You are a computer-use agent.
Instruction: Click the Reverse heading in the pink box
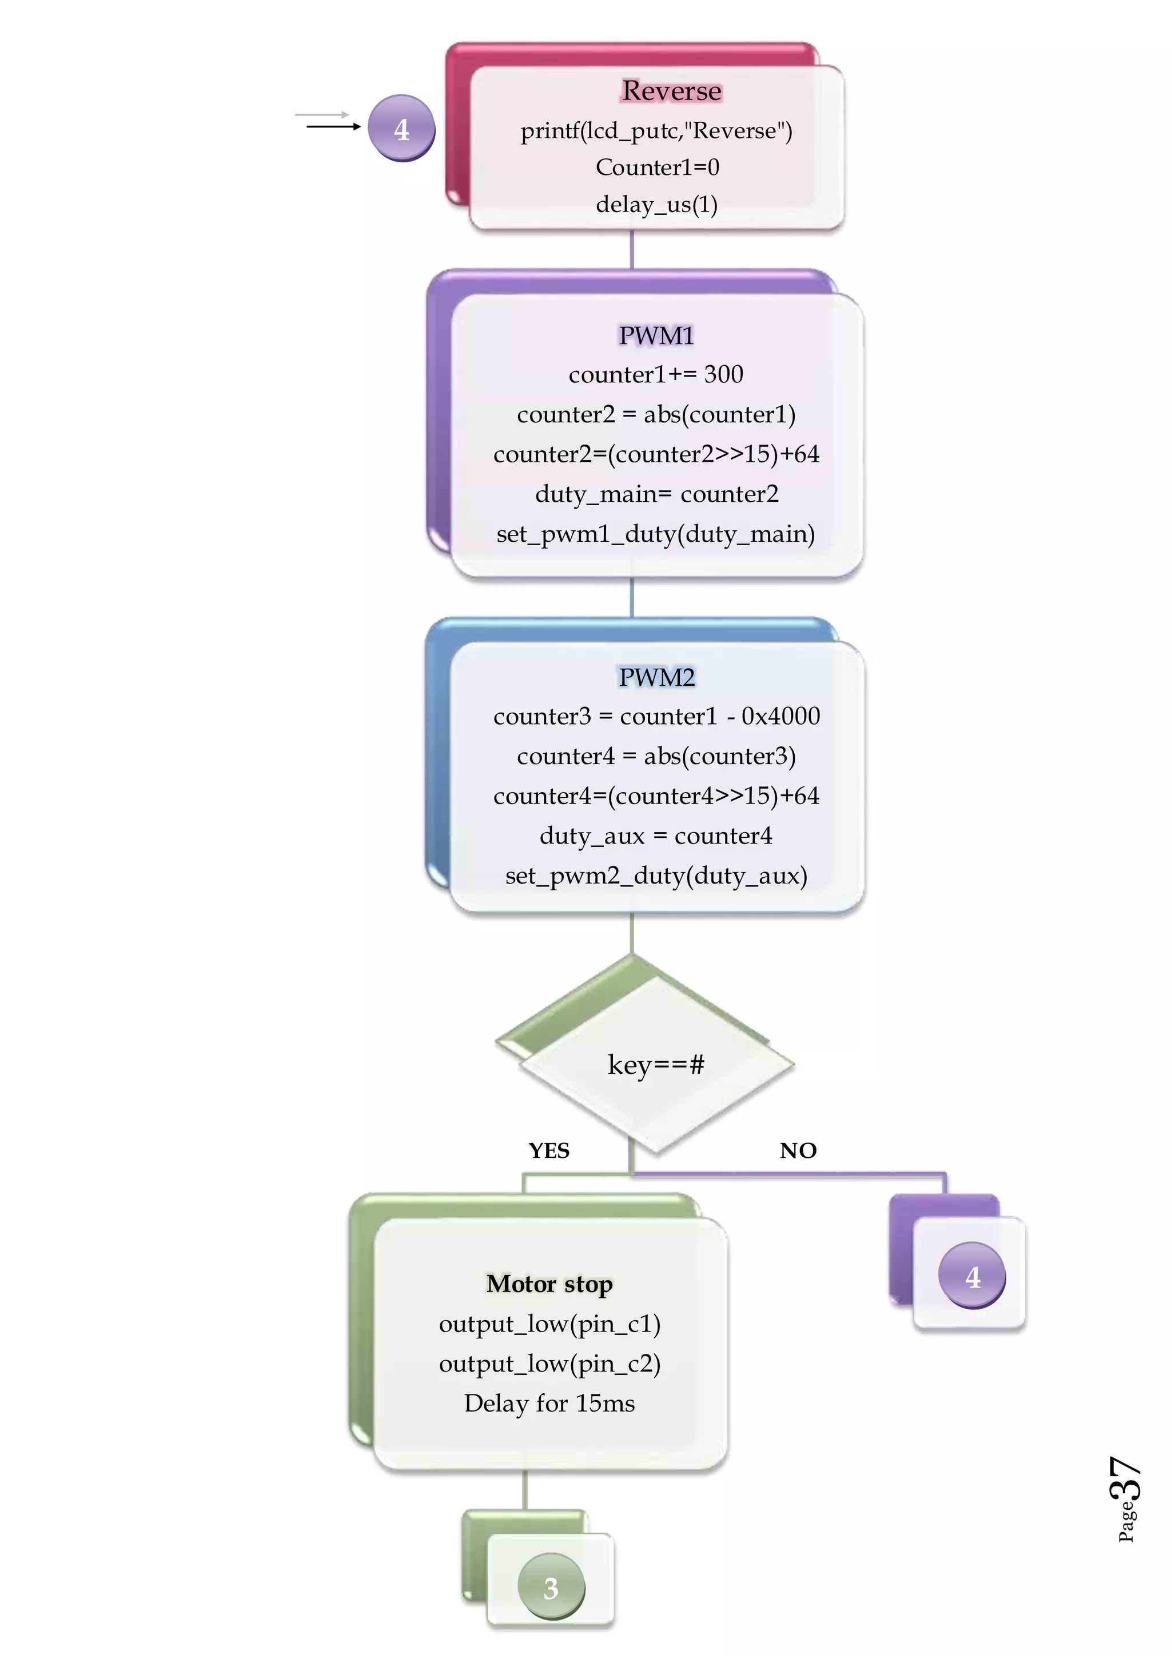pos(671,91)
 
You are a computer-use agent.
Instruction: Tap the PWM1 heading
pos(656,335)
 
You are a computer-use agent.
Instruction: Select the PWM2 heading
pos(656,677)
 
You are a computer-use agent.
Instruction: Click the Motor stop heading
pos(549,1284)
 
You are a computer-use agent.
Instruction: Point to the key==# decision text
pos(655,1064)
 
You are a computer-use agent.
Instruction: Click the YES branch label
pos(549,1150)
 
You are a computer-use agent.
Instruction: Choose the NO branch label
pos(798,1150)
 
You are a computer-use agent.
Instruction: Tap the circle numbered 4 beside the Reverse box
pos(401,129)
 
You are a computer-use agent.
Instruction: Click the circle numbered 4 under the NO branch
pos(972,1276)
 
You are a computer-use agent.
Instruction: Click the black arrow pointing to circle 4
pos(333,127)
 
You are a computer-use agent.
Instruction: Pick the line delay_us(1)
pos(656,204)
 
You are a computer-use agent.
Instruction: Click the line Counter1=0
pos(657,167)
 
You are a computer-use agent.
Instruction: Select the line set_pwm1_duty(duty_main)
pos(655,534)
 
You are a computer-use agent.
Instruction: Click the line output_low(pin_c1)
pos(549,1324)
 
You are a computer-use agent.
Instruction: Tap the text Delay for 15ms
pos(549,1404)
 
